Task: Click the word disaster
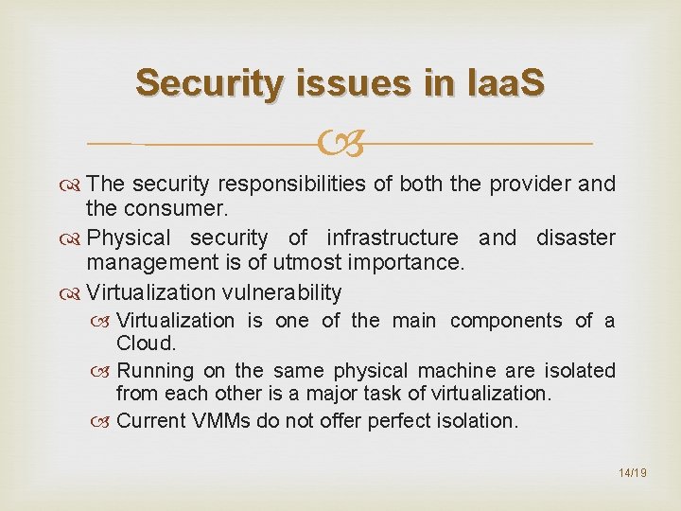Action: tap(576, 238)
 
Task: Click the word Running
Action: tap(155, 370)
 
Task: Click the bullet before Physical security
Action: tap(74, 238)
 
